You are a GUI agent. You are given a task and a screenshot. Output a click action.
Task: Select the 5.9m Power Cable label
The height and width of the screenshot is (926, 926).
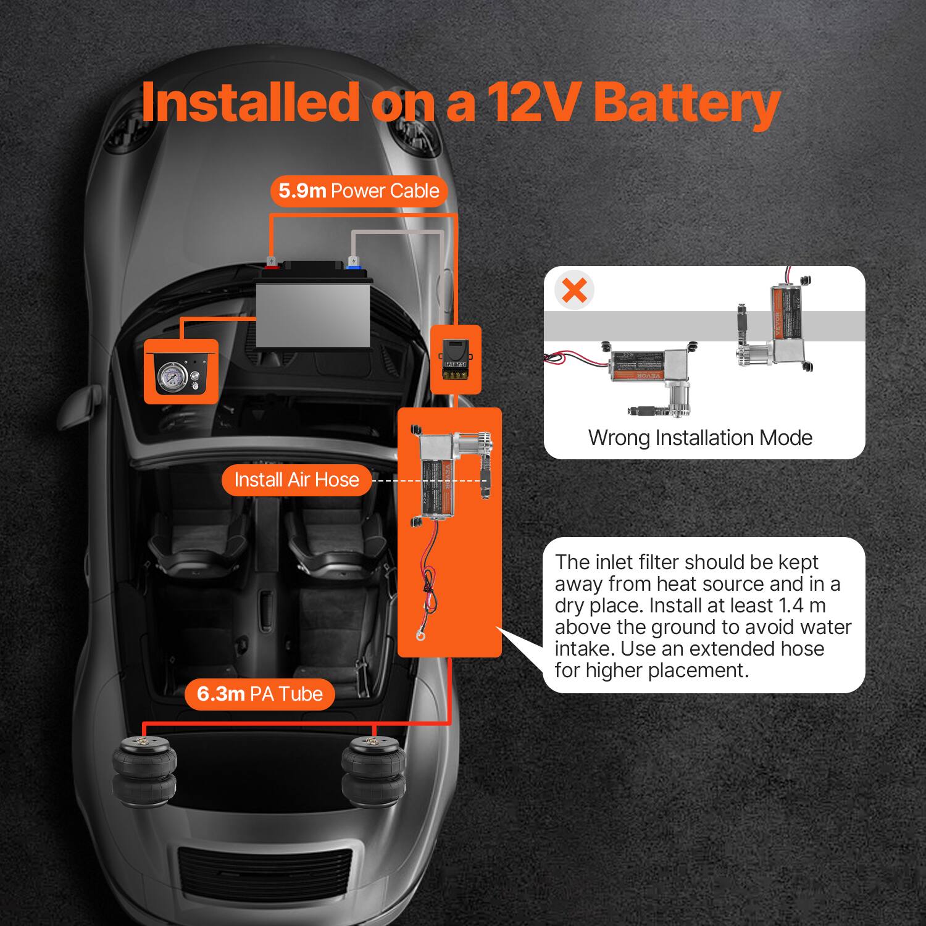click(x=359, y=191)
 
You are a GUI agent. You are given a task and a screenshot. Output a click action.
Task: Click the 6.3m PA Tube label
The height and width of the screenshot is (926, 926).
click(x=259, y=694)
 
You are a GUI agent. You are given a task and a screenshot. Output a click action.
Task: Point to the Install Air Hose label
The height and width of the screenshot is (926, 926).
click(x=296, y=480)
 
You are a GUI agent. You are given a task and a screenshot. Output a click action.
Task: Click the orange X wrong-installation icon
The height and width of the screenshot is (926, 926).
click(x=575, y=290)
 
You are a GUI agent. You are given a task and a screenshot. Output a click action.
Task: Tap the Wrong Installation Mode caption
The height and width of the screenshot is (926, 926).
click(x=700, y=438)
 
